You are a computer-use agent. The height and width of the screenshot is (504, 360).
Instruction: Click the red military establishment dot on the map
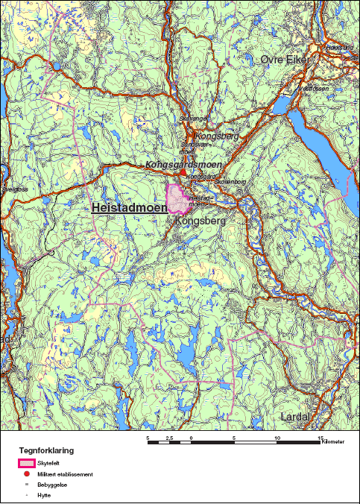183,171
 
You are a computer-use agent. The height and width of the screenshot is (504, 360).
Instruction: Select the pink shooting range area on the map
177,200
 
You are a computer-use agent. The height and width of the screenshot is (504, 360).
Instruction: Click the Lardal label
295,417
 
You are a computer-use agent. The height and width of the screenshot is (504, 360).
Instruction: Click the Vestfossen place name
313,88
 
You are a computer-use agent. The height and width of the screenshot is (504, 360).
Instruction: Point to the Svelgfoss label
13,190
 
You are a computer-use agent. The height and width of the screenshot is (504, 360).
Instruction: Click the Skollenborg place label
213,181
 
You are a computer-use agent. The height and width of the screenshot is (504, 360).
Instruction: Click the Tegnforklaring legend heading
46,451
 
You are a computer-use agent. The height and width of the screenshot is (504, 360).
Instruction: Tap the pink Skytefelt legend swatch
25,463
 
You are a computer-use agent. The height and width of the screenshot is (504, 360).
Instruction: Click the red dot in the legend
26,473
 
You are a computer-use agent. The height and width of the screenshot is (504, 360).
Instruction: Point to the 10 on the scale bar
277,438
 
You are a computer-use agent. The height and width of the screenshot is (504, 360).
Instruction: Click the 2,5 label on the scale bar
169,438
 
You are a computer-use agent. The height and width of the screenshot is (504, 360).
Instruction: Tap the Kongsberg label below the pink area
195,221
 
